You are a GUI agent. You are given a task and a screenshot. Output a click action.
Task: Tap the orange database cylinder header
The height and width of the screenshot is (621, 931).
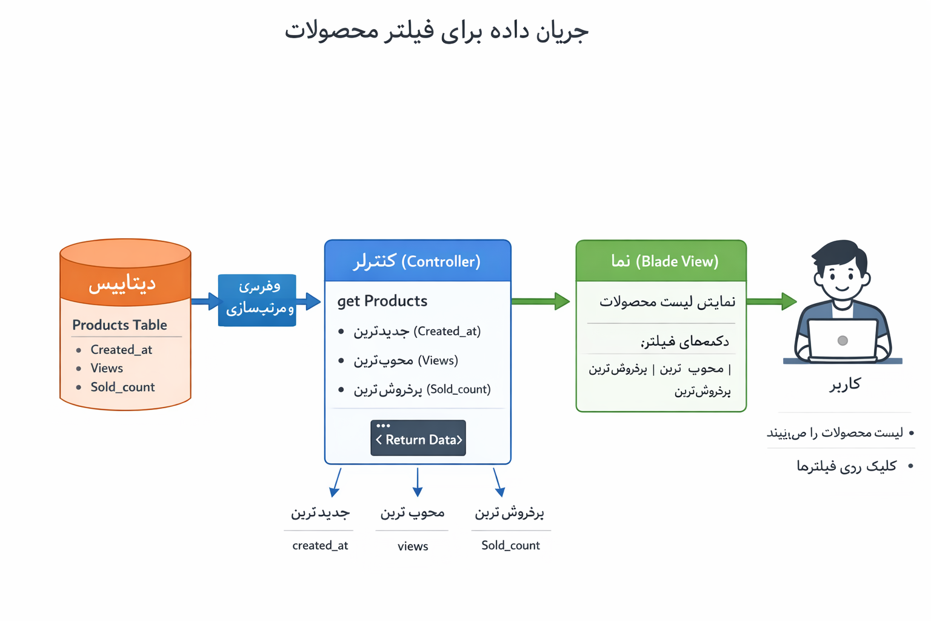click(x=125, y=283)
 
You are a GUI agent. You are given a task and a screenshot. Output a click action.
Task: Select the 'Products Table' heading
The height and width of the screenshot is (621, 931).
click(x=119, y=325)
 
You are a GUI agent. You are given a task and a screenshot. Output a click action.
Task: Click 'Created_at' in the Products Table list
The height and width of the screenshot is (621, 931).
click(x=121, y=350)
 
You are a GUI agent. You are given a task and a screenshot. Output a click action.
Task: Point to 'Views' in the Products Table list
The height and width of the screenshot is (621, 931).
click(x=107, y=368)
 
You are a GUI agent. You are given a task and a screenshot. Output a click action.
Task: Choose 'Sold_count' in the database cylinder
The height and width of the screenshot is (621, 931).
click(x=122, y=387)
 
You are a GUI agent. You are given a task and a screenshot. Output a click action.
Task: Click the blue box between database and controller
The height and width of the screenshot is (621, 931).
click(x=257, y=300)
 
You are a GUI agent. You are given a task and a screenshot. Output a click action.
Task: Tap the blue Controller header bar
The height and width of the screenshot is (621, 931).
click(x=418, y=261)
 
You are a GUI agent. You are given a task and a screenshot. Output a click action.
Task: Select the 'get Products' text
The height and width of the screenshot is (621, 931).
click(x=382, y=301)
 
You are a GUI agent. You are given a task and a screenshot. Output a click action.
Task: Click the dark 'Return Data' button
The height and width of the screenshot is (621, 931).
click(x=418, y=438)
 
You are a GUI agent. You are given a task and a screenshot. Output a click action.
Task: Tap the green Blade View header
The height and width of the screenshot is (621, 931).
click(x=661, y=261)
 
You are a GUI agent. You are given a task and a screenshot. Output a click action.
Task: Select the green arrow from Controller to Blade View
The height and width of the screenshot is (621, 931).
click(x=540, y=301)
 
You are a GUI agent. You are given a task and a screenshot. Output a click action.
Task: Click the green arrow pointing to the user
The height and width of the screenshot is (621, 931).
click(x=771, y=301)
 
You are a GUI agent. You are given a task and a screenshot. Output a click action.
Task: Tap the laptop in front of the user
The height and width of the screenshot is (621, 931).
click(x=843, y=340)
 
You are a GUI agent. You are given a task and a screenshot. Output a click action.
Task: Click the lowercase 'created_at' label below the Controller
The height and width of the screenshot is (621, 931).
click(x=320, y=545)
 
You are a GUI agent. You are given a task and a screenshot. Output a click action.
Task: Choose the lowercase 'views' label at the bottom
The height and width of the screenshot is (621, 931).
click(x=413, y=546)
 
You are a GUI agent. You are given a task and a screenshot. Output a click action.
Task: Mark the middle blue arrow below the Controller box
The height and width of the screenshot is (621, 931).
click(x=418, y=482)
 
